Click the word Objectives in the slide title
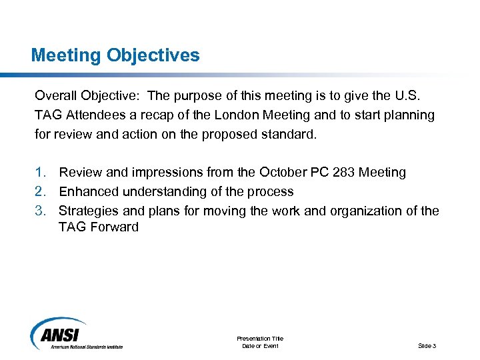[153, 55]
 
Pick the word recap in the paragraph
[175, 115]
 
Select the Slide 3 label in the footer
[427, 345]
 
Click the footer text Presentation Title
[260, 339]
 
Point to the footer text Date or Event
[260, 345]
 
